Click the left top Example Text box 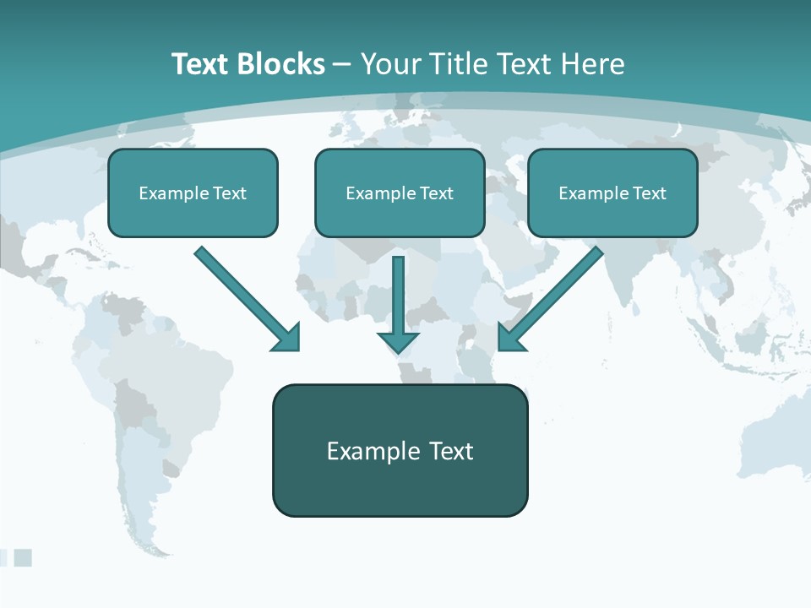[x=193, y=193]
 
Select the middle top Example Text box [x=400, y=193]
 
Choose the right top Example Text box [x=612, y=193]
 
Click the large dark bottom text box [x=400, y=450]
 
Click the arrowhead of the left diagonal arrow [x=287, y=339]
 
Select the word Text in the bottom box [x=451, y=451]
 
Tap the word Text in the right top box [x=648, y=193]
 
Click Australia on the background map [x=773, y=448]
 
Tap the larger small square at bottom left [x=23, y=557]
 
